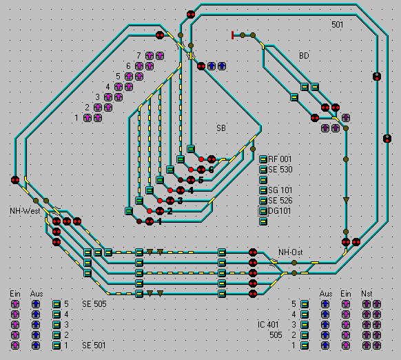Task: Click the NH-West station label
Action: click(25, 211)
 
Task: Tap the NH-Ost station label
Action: click(291, 252)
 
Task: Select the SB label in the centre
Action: click(221, 128)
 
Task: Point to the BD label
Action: click(304, 56)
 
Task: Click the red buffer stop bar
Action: click(232, 35)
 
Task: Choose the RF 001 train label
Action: click(280, 159)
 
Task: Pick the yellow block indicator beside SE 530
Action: click(263, 170)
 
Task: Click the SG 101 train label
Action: click(280, 190)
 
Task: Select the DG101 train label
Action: click(279, 211)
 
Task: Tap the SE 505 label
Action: click(94, 304)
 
